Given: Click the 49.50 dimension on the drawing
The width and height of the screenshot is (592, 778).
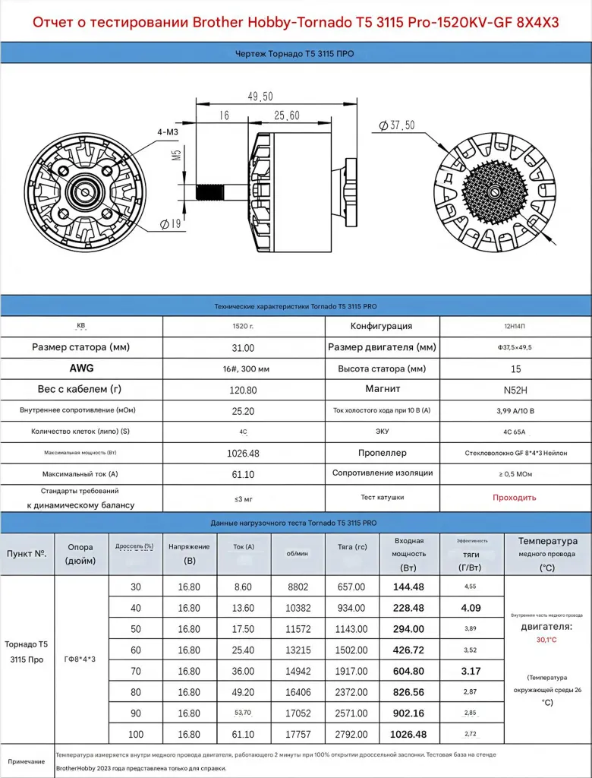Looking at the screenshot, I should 260,96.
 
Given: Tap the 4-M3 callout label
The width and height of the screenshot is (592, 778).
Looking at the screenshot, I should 168,132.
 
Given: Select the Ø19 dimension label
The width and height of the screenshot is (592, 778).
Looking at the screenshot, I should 169,223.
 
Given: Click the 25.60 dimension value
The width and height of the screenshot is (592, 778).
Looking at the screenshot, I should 286,115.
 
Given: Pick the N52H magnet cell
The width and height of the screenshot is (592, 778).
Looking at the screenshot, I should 515,389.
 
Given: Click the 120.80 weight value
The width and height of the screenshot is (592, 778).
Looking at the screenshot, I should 243,389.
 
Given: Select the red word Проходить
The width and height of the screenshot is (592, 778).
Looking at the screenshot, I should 515,498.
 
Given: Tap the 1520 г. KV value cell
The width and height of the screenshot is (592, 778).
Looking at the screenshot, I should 243,326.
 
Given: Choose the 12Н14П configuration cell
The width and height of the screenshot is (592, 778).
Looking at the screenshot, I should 515,326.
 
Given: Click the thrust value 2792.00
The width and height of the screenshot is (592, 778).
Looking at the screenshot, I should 351,735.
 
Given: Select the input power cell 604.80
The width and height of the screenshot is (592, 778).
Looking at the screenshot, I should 408,672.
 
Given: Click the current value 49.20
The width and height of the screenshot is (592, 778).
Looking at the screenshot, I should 243,693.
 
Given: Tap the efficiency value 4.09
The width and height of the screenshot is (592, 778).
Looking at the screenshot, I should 471,608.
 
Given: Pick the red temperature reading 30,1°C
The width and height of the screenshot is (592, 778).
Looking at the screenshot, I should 546,640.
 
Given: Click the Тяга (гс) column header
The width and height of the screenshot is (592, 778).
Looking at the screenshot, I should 351,546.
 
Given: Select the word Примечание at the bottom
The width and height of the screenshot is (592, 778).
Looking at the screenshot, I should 27,761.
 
